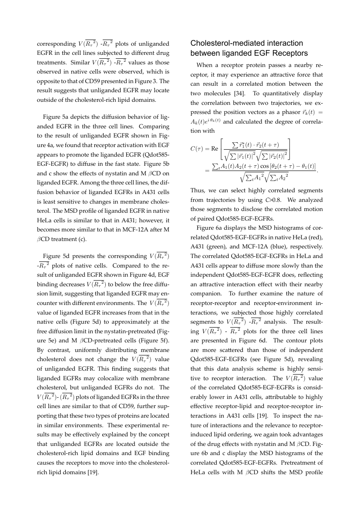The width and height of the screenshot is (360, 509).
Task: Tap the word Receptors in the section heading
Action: click(x=289, y=53)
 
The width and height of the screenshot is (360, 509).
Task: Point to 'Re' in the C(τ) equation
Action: click(x=212, y=148)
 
